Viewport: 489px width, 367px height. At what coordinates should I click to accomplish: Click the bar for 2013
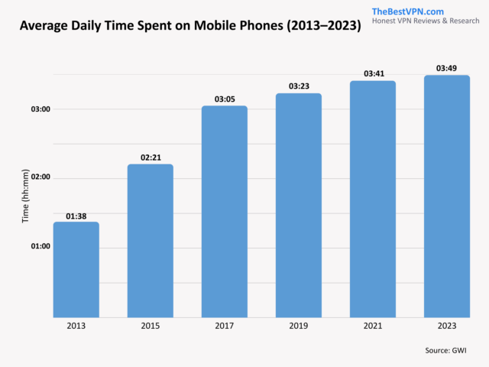pos(76,269)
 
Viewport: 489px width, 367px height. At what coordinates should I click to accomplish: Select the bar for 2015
pos(150,240)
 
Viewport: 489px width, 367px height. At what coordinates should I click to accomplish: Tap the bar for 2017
pos(225,211)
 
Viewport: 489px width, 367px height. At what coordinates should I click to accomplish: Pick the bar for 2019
pos(299,205)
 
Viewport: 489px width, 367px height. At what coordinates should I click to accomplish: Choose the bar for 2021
pos(373,199)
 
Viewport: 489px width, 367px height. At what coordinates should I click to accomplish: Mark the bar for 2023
pos(447,196)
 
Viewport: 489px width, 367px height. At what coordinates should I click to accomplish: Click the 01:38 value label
pos(76,216)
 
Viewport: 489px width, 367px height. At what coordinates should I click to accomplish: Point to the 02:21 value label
pos(151,158)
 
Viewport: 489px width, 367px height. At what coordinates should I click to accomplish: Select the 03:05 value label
pos(225,99)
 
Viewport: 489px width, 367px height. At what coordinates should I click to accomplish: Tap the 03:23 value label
pos(299,87)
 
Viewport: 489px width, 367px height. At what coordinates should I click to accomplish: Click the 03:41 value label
pos(373,74)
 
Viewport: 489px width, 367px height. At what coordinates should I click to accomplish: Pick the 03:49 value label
pos(447,69)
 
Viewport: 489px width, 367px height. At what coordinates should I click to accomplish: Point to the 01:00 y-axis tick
pos(40,246)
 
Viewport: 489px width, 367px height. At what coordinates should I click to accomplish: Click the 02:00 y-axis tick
pos(40,177)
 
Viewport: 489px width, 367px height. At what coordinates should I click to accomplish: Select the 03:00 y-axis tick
pos(40,109)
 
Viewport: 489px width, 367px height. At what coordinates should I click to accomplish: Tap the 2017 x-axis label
pos(225,326)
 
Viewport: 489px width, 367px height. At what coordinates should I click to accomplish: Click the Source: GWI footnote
pos(446,350)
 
